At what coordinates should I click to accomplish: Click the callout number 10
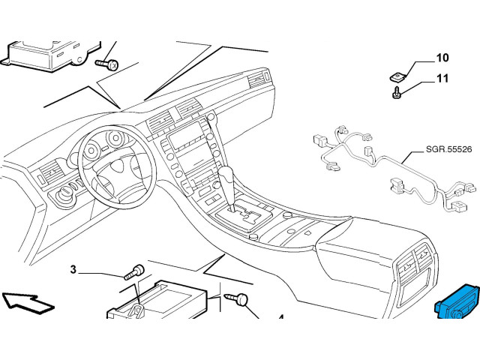pos(442,58)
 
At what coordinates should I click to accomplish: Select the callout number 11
pos(442,78)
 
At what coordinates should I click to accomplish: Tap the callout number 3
pos(73,270)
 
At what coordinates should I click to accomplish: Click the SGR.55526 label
pos(448,150)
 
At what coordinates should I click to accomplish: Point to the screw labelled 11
pos(396,92)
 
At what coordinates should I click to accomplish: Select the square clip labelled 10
pos(397,76)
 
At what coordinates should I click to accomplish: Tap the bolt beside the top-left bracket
pos(106,64)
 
